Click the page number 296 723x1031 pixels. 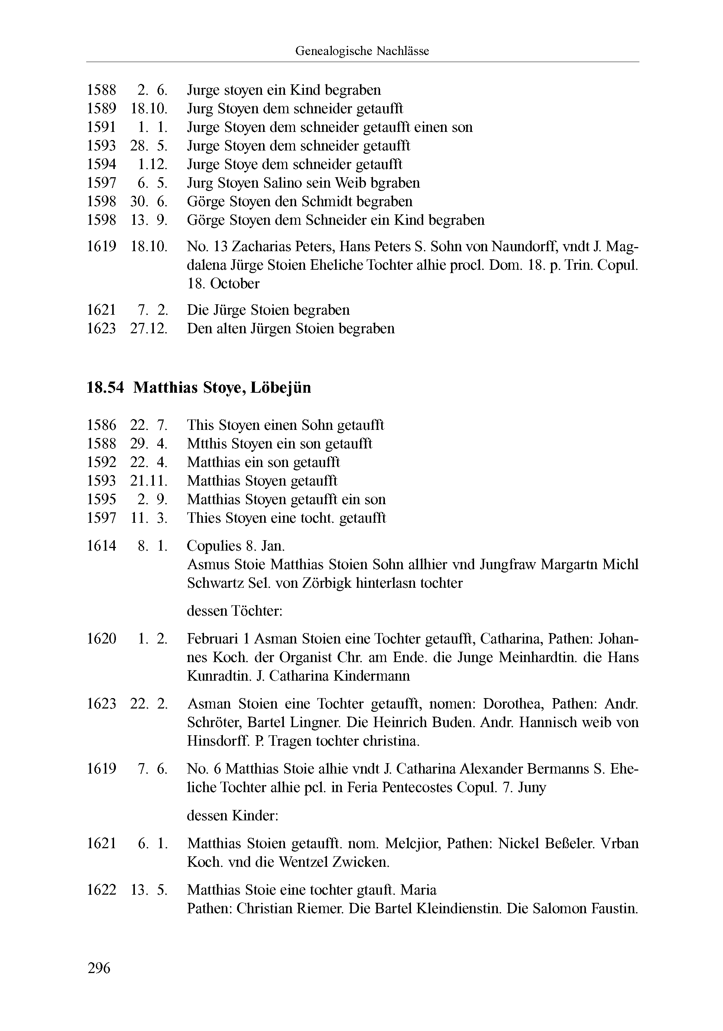[x=99, y=968]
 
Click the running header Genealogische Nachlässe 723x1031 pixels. [x=362, y=51]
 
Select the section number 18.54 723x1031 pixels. [x=105, y=388]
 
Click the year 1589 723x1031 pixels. [x=101, y=108]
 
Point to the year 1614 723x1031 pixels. [x=101, y=546]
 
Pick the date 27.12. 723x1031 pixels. [x=149, y=329]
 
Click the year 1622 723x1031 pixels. [x=101, y=890]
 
